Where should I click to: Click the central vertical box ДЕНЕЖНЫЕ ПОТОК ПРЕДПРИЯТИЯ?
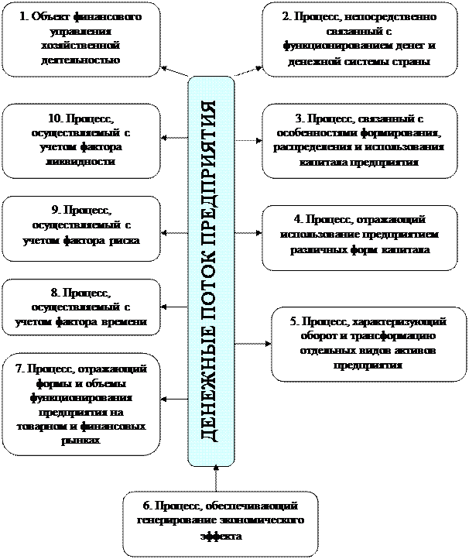coord(211,271)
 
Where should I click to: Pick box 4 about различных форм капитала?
coord(358,237)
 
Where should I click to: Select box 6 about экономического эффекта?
coord(220,521)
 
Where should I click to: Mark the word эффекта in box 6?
coord(220,534)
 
